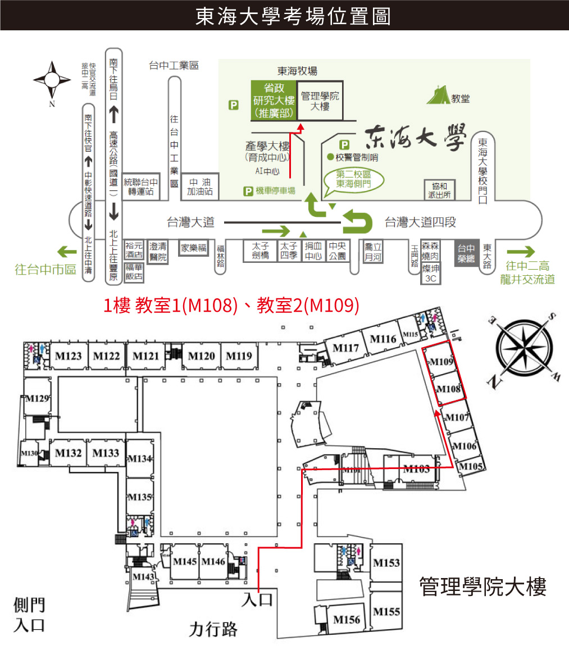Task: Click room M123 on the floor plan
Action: (x=69, y=356)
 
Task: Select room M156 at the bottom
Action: (x=346, y=620)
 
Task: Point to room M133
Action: (x=106, y=453)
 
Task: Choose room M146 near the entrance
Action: (x=213, y=561)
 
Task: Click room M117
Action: (x=345, y=348)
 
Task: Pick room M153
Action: (x=386, y=563)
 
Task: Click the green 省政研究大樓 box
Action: (x=274, y=101)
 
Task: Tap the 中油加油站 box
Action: (x=200, y=187)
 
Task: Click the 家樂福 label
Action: (x=194, y=247)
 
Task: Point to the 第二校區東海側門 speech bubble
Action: (x=353, y=179)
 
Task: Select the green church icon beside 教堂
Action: (x=438, y=95)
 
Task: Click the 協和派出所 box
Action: (x=439, y=190)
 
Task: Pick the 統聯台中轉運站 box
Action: (x=141, y=186)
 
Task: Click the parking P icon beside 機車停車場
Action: (x=248, y=192)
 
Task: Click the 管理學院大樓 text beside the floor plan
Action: (x=482, y=588)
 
